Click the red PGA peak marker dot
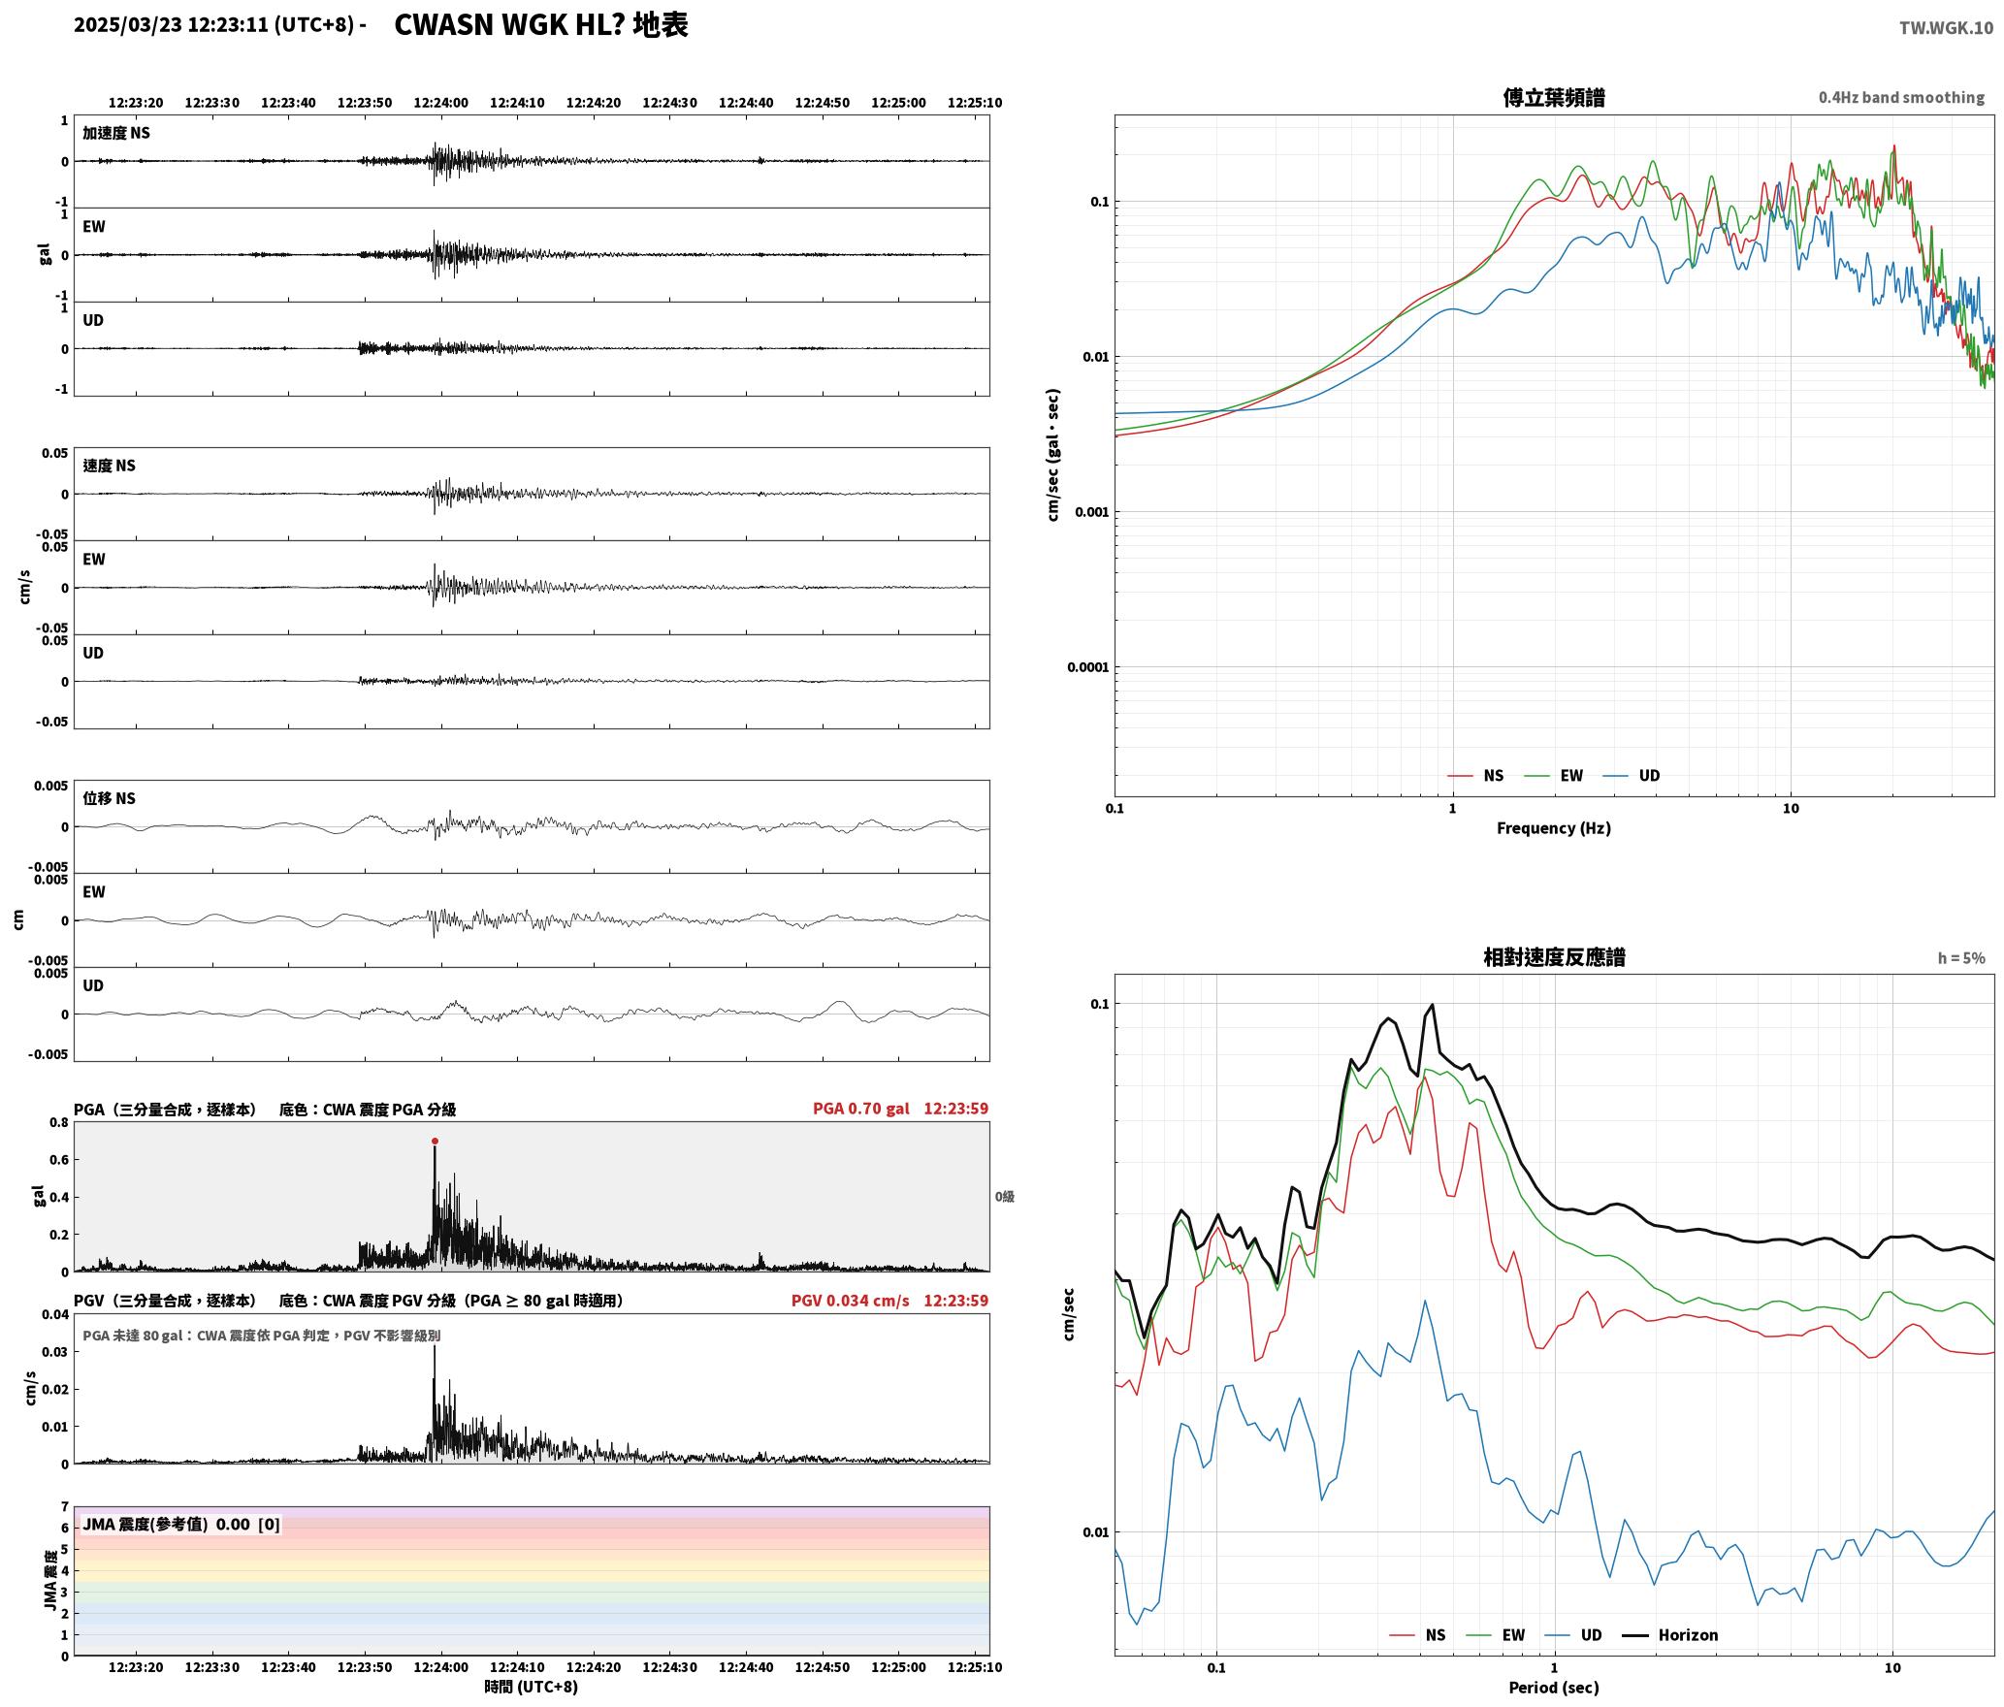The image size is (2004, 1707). pyautogui.click(x=435, y=1141)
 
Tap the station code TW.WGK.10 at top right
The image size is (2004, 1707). pyautogui.click(x=1946, y=28)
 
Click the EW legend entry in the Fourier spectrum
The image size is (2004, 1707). pyautogui.click(x=1554, y=775)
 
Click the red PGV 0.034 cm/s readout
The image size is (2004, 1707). pyautogui.click(x=851, y=1300)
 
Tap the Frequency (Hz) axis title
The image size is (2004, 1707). pyautogui.click(x=1553, y=827)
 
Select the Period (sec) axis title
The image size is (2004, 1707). pyautogui.click(x=1553, y=1687)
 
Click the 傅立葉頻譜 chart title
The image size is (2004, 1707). pyautogui.click(x=1553, y=97)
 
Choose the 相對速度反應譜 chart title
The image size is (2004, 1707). pyautogui.click(x=1554, y=957)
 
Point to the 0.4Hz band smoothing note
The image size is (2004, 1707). pyautogui.click(x=1901, y=97)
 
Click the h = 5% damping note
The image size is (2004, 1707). pyautogui.click(x=1961, y=958)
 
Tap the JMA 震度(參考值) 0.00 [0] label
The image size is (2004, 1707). pyautogui.click(x=181, y=1524)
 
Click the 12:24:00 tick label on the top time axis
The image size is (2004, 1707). pyautogui.click(x=440, y=102)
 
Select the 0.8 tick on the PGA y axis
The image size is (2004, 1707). pyautogui.click(x=58, y=1122)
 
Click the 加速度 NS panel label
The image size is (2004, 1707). pyautogui.click(x=116, y=133)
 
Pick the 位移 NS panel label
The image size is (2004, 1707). pyautogui.click(x=109, y=798)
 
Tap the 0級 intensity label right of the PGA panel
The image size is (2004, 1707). pyautogui.click(x=1004, y=1196)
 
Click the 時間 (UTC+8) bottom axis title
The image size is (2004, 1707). pyautogui.click(x=531, y=1687)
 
